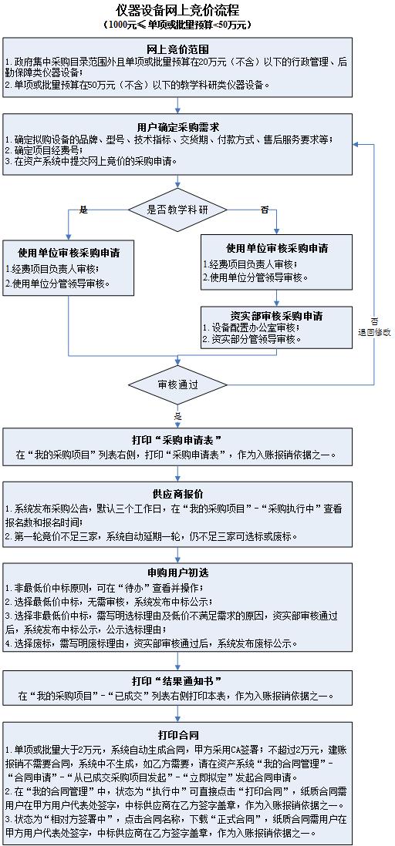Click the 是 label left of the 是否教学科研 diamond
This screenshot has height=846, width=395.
point(83,210)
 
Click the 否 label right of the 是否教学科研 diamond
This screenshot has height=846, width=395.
point(265,210)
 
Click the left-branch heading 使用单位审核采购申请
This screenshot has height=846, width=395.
point(69,253)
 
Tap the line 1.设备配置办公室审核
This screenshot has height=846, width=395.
point(252,327)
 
